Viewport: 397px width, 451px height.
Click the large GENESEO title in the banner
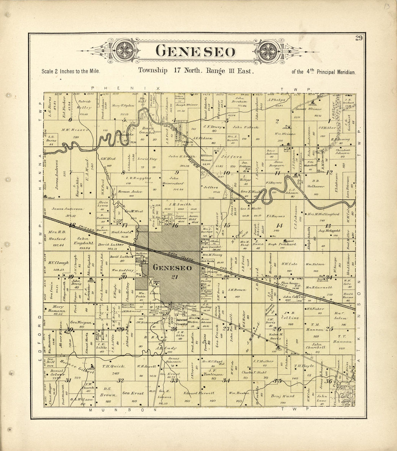click(195, 52)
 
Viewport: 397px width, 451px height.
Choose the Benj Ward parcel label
click(283, 396)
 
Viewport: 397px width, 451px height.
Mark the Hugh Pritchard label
click(282, 244)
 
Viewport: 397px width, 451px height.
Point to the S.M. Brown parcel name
click(237, 289)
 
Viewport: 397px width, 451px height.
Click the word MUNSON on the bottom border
click(123, 410)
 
